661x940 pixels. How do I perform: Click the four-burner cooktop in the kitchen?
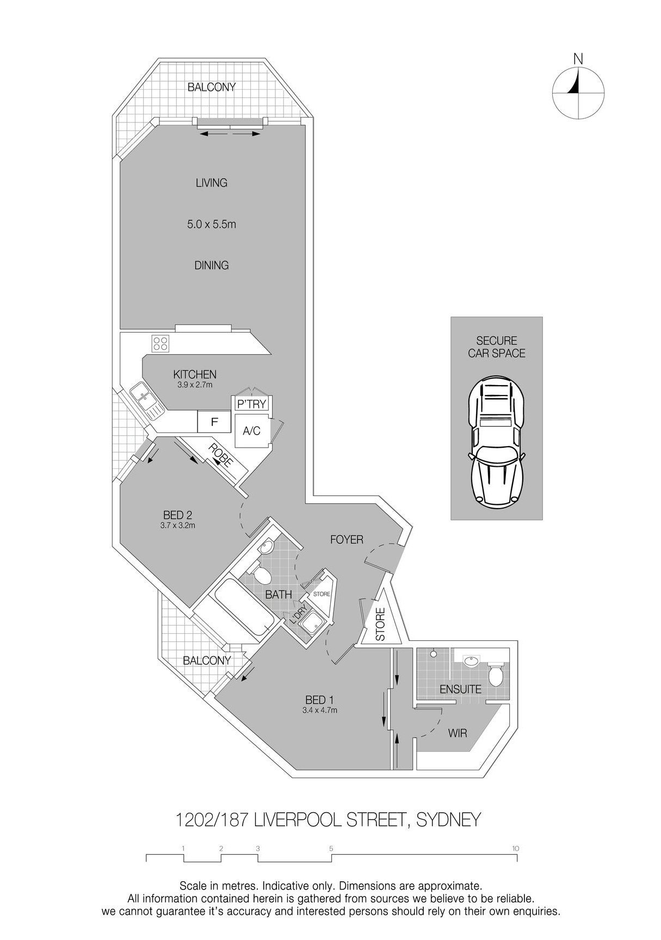coord(161,343)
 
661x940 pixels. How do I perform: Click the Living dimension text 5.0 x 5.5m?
coord(212,224)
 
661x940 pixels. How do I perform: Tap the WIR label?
coord(458,733)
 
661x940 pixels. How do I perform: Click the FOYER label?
coord(347,540)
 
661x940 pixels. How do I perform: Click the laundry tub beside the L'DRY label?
coord(313,624)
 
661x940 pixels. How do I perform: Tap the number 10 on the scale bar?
coord(515,848)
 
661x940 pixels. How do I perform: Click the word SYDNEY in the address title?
coord(448,819)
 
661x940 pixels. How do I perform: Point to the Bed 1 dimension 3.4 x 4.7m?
coord(320,710)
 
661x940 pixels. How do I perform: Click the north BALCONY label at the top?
coord(211,87)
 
